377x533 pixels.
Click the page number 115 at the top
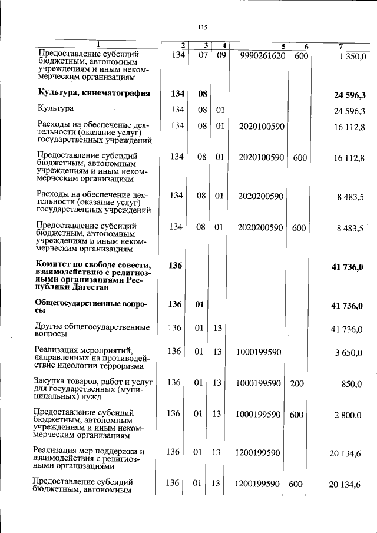203,27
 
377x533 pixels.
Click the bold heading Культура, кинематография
94,93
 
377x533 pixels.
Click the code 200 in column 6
297,383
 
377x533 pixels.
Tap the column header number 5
283,46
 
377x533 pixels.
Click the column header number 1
98,45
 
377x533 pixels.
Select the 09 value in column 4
221,55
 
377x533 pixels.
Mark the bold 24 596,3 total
349,94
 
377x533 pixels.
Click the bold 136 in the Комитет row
175,266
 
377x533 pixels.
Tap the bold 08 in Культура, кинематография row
202,93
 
